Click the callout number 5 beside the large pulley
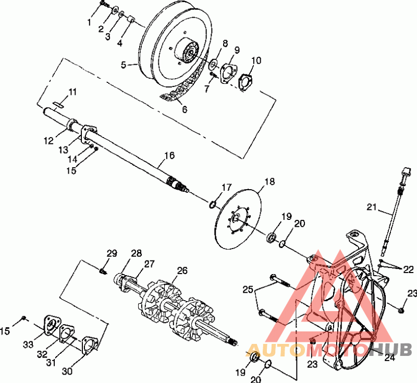pos(124,65)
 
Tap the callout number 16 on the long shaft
pos(169,155)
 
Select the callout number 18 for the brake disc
pos(269,182)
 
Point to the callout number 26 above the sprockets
pos(182,270)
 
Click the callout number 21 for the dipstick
pos(372,207)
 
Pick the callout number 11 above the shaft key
pos(72,92)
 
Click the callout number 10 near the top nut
pos(256,60)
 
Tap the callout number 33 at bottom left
pos(28,345)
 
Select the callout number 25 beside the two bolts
pos(248,289)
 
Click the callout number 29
pos(112,253)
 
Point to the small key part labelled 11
pos(58,104)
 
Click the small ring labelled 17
pos(212,205)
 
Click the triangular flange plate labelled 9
pos(227,72)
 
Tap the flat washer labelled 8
pos(213,64)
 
